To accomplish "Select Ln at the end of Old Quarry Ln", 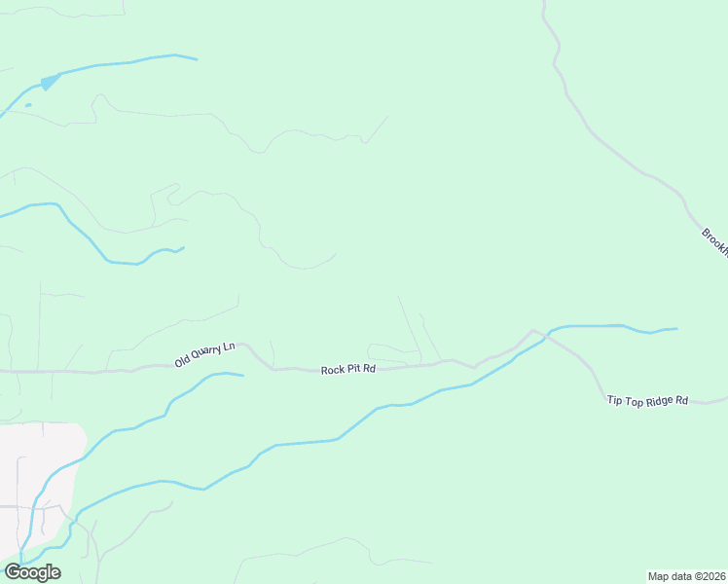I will coord(230,347).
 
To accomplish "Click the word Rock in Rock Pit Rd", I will coord(333,370).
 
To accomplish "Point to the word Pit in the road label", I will coord(354,370).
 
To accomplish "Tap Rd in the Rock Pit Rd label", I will coord(370,370).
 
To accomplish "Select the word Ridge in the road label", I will coord(657,400).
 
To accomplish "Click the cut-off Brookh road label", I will coord(714,241).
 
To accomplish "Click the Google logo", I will coord(33,572).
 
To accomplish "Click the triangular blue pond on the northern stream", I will coord(49,82).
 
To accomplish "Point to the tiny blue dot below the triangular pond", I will coord(28,104).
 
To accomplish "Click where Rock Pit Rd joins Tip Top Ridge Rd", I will coord(532,331).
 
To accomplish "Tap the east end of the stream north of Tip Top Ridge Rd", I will coord(676,328).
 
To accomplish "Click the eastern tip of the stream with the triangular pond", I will coord(197,59).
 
